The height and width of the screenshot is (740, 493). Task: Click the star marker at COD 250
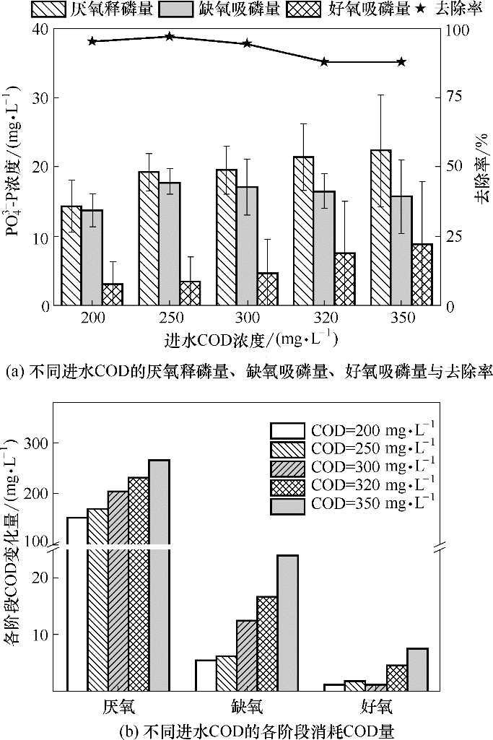click(170, 37)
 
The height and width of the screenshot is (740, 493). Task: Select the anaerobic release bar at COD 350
click(380, 227)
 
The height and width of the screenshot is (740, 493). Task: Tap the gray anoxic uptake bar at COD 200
click(92, 257)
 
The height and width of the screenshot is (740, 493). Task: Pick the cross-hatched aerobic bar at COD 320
click(345, 279)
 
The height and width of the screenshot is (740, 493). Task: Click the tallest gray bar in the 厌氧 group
click(159, 575)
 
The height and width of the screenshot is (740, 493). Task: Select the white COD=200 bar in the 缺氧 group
click(206, 675)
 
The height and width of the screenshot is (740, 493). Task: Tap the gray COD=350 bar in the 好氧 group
click(417, 669)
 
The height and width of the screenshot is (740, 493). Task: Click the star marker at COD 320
click(325, 62)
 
